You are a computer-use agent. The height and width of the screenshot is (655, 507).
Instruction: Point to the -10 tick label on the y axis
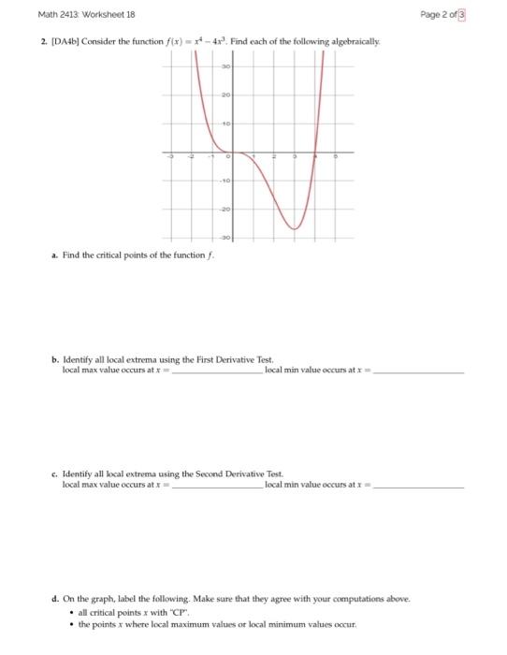click(225, 181)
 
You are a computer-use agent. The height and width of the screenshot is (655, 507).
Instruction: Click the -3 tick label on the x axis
click(170, 159)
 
